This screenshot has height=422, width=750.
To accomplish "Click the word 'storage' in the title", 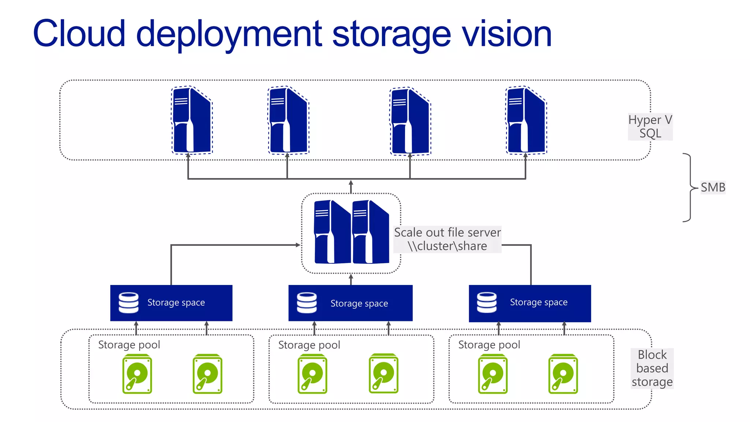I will (x=391, y=35).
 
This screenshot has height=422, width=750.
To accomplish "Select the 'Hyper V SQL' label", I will (x=650, y=127).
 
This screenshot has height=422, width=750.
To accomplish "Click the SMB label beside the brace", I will (x=713, y=188).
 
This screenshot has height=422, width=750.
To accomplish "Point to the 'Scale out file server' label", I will (x=447, y=233).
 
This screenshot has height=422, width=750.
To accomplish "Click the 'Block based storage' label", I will (x=652, y=368).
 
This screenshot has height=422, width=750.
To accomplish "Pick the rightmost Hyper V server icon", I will (x=526, y=120).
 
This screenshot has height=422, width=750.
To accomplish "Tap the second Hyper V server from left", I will (x=289, y=120).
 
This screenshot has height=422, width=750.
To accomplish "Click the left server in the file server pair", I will (x=332, y=232).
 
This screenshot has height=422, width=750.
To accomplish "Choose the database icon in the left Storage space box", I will (x=129, y=303).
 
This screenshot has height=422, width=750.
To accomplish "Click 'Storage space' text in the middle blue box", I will (x=359, y=304).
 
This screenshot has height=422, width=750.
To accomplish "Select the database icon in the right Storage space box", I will (x=487, y=303).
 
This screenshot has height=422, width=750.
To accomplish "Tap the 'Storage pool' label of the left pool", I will (x=129, y=345).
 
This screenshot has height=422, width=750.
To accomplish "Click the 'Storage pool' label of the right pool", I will (x=489, y=345).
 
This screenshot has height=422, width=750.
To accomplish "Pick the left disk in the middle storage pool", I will (x=312, y=374).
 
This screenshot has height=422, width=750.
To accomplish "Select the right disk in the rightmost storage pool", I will (x=563, y=374).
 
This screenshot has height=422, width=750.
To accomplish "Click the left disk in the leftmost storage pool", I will (x=137, y=374).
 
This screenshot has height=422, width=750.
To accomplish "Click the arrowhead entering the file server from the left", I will (x=298, y=245).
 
